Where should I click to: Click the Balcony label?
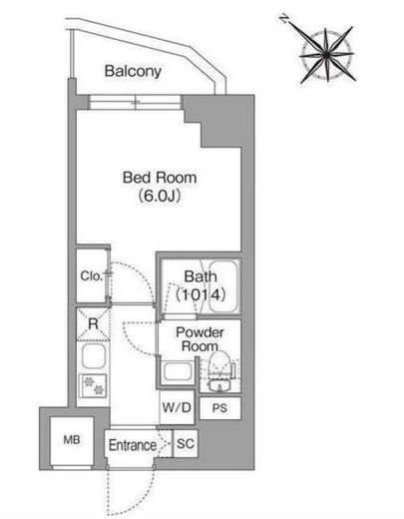(133, 71)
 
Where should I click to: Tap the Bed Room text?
(160, 178)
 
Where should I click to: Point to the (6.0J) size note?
(160, 196)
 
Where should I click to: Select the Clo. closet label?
(91, 275)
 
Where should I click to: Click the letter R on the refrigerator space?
(93, 323)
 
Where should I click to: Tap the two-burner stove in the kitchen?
(94, 385)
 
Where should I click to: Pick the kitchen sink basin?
(94, 356)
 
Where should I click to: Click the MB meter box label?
(72, 440)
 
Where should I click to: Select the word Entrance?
(133, 445)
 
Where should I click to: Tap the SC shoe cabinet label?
(186, 443)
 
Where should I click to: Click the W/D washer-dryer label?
(177, 407)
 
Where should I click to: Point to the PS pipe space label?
(219, 408)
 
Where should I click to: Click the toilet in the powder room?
(219, 372)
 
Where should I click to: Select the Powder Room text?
(200, 339)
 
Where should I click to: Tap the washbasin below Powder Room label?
(178, 371)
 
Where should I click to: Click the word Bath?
(201, 276)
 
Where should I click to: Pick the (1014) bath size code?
(201, 294)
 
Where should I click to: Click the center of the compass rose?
(327, 55)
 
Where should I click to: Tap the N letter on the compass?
(283, 19)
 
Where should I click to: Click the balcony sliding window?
(135, 102)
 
